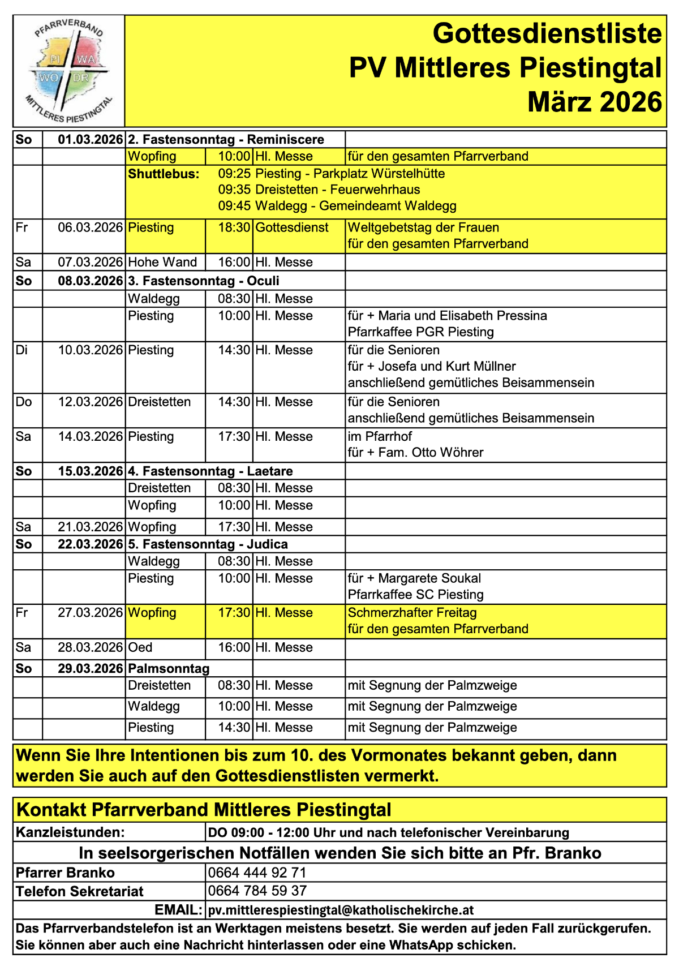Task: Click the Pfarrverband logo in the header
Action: (x=69, y=71)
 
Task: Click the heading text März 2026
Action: (x=594, y=102)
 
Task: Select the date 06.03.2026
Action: (x=90, y=227)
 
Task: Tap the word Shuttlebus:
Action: (x=164, y=174)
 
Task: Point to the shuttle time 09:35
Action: (x=234, y=190)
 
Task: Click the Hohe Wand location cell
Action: (x=162, y=262)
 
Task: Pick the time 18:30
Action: (x=234, y=227)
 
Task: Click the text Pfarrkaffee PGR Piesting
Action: (x=420, y=332)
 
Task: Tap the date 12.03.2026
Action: (x=90, y=402)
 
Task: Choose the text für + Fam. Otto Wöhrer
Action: (x=415, y=452)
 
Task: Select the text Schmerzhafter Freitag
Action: (x=412, y=612)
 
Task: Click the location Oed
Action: (x=140, y=647)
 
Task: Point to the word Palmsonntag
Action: (x=169, y=668)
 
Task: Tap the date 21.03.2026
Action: (x=90, y=527)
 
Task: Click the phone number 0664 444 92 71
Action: (x=257, y=873)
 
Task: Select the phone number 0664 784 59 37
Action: (x=257, y=891)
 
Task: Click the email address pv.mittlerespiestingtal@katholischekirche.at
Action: (x=341, y=910)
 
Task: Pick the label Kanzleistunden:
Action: (x=70, y=832)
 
